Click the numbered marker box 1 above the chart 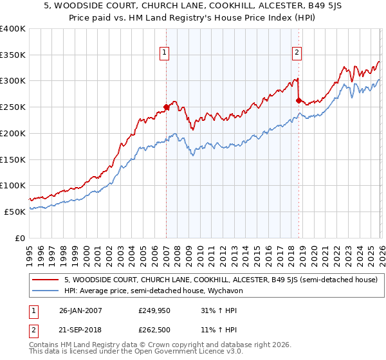pos(165,53)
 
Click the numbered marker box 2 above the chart pos(297,53)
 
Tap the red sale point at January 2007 pos(166,107)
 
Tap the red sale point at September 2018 pos(299,100)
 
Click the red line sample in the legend pos(46,280)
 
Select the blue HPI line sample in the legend pos(46,291)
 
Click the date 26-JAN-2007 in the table pos(80,310)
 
